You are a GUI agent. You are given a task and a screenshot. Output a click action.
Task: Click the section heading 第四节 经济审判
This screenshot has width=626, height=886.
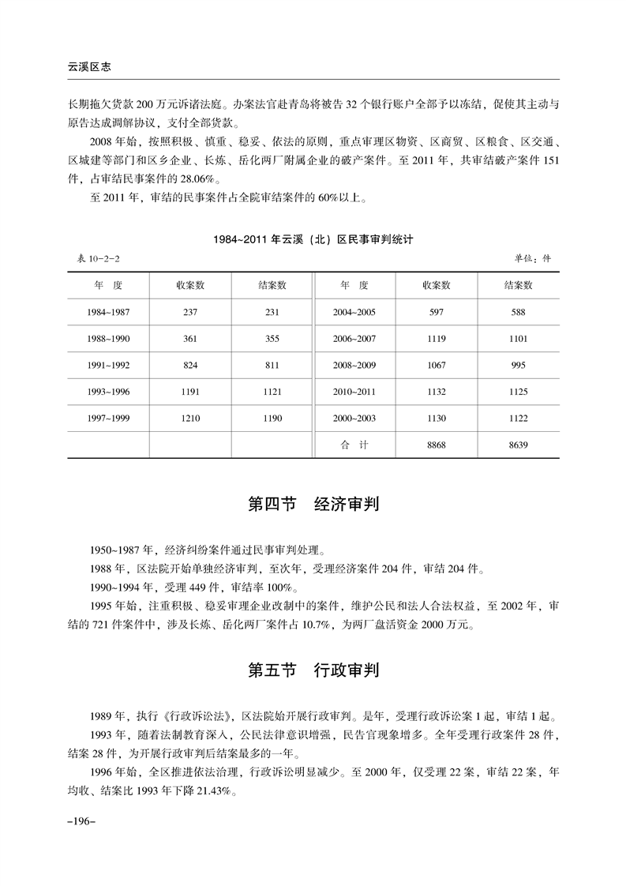[x=313, y=504]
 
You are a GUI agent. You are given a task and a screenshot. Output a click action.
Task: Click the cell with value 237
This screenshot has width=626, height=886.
[x=189, y=312]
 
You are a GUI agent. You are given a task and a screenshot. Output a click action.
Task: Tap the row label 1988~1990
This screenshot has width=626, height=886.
[x=108, y=339]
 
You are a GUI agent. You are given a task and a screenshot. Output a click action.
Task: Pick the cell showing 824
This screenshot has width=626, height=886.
[x=189, y=365]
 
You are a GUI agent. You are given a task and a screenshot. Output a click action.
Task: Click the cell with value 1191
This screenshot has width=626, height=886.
[x=189, y=392]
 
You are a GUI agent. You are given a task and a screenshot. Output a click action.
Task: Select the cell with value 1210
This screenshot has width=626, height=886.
[x=189, y=419]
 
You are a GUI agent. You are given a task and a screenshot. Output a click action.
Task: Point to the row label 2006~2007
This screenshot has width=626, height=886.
[x=354, y=339]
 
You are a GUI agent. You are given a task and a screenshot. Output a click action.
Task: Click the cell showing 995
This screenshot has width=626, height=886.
[x=518, y=365]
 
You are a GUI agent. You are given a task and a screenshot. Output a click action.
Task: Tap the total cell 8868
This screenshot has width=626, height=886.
[x=436, y=445]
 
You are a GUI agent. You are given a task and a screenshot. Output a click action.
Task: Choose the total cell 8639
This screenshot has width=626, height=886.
[x=518, y=445]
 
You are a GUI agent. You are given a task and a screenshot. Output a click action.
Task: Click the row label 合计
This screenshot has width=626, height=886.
[x=354, y=445]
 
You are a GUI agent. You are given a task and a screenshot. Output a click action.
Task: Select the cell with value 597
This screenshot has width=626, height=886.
[x=436, y=312]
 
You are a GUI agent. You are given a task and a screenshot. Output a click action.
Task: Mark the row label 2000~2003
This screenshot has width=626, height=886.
[x=354, y=419]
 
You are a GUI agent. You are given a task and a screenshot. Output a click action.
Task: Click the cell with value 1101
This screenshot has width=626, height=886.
[x=518, y=339]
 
